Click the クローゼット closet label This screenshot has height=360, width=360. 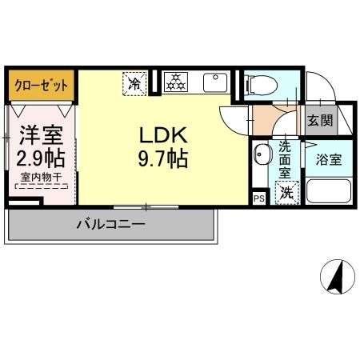pyautogui.click(x=42, y=86)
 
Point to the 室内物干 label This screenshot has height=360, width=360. pyautogui.click(x=42, y=177)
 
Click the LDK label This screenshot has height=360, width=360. pyautogui.click(x=163, y=135)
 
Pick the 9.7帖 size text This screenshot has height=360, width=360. pyautogui.click(x=163, y=158)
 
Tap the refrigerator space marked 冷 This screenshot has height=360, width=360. pyautogui.click(x=134, y=83)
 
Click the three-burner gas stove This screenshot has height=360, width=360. pyautogui.click(x=176, y=82)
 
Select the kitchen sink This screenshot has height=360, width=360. pyautogui.click(x=215, y=82)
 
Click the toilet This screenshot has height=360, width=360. pyautogui.click(x=262, y=85)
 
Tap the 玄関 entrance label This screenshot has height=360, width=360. pyautogui.click(x=320, y=121)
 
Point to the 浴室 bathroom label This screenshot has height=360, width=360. pyautogui.click(x=329, y=159)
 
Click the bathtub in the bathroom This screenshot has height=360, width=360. pyautogui.click(x=329, y=191)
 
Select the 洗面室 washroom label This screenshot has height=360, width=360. pyautogui.click(x=285, y=160)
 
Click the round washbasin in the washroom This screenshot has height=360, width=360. pyautogui.click(x=262, y=154)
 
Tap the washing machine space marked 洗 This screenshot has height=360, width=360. pyautogui.click(x=287, y=193)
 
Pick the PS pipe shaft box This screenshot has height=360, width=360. pyautogui.click(x=259, y=198)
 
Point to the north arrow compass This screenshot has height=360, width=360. pyautogui.click(x=338, y=276)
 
